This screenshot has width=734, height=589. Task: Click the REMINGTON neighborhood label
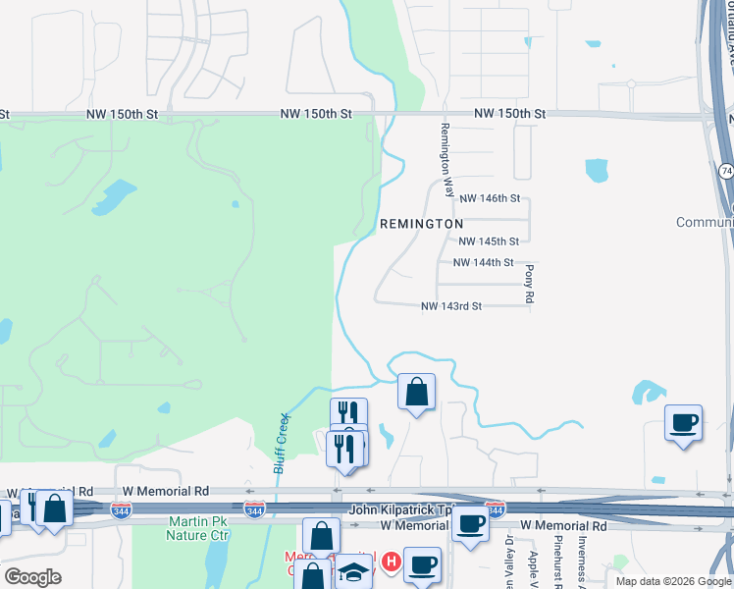[421, 224]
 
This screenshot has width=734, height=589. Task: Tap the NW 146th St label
[489, 198]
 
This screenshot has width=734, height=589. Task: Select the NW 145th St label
[489, 241]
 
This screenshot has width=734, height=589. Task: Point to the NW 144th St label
[483, 263]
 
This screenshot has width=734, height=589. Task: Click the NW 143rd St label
[450, 306]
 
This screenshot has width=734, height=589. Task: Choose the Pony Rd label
[529, 283]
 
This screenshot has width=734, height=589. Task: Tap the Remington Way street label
[446, 160]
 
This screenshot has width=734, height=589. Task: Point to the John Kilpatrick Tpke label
[402, 510]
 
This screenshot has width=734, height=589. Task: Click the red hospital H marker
[391, 562]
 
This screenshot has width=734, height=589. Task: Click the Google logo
[32, 577]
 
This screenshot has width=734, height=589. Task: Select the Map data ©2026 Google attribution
[673, 581]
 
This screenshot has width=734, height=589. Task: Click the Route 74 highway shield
[725, 171]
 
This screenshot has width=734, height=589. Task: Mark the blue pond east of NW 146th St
[596, 170]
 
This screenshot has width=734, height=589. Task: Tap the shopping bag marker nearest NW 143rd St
[416, 392]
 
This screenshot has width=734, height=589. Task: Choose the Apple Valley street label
[533, 563]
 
